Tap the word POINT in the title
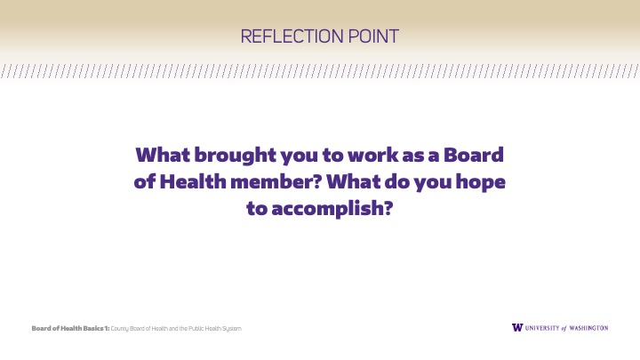pos(373,36)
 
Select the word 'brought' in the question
pos(235,156)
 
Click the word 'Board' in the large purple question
pos(474,155)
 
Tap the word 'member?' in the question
pos(276,181)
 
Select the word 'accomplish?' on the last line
pos(332,209)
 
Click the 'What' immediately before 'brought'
pos(163,155)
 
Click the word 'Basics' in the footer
pos(93,329)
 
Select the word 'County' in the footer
pos(120,329)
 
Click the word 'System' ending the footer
pos(232,329)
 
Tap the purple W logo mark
pos(517,328)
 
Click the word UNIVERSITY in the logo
pos(542,328)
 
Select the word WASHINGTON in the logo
pos(588,328)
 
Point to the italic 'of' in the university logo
pos(564,328)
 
